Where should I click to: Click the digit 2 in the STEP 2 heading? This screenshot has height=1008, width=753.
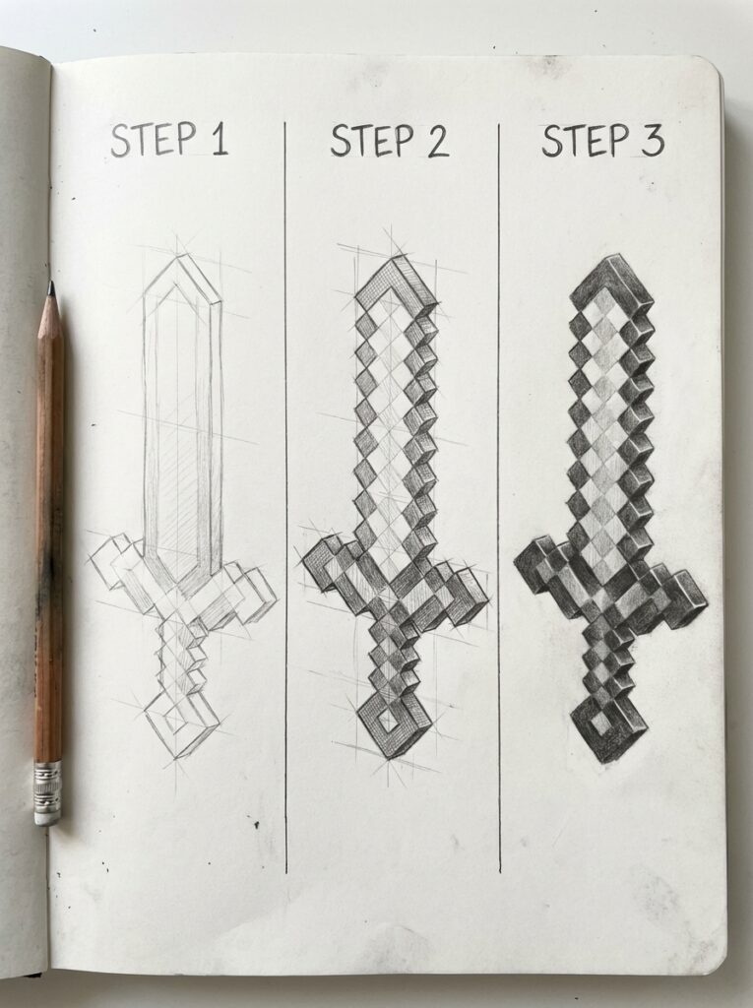pos(433,142)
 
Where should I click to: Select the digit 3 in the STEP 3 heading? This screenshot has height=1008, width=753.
pos(651,141)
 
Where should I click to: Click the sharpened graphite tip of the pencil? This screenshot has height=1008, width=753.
pos(50,289)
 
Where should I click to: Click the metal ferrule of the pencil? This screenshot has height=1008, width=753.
pos(46,776)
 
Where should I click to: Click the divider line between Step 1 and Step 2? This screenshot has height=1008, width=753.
pos(285,492)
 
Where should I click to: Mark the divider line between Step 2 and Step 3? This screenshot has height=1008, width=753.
pos(499,492)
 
